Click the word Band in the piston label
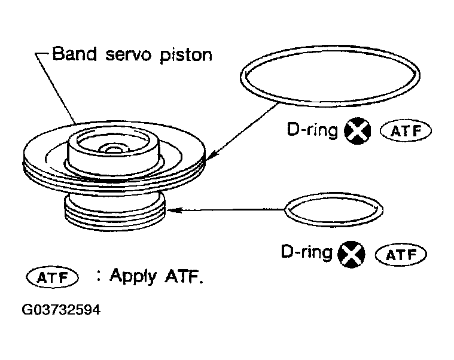(x=74, y=54)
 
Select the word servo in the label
(x=128, y=55)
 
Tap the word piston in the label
(x=186, y=55)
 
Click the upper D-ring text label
(x=312, y=130)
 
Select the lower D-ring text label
(x=307, y=252)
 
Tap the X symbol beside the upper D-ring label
(x=357, y=131)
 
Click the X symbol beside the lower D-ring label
(x=351, y=254)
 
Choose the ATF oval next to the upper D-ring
(x=406, y=131)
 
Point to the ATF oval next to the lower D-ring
(x=401, y=255)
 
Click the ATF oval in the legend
(x=52, y=277)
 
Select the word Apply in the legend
(x=133, y=276)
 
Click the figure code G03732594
(x=61, y=310)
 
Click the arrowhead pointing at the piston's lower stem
(x=173, y=210)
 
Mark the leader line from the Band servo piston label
(x=55, y=89)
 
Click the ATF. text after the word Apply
(x=184, y=276)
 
